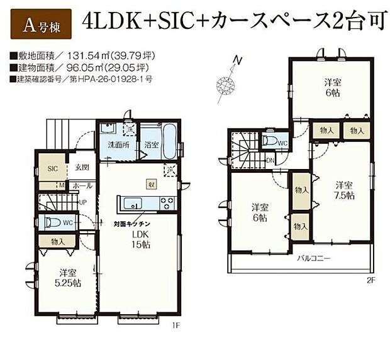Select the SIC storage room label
[52, 168]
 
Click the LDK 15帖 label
[140, 239]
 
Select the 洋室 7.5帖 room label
[343, 190]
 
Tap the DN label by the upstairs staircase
[269, 161]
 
